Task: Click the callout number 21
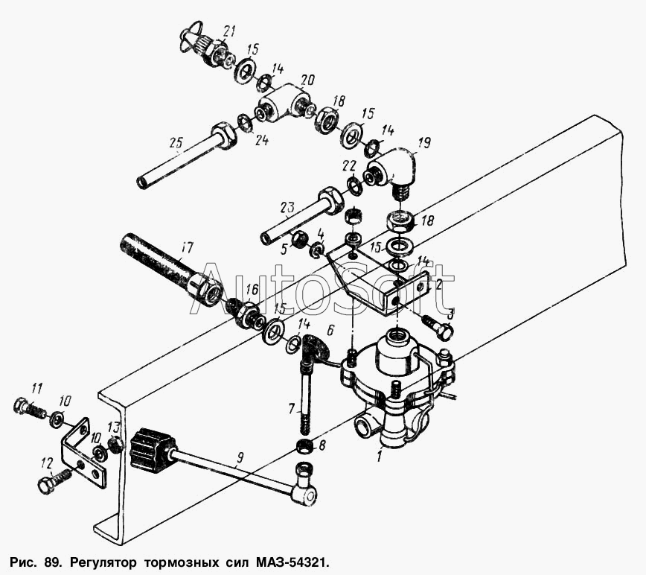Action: pyautogui.click(x=228, y=31)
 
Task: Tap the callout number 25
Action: pyautogui.click(x=176, y=144)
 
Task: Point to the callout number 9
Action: pyautogui.click(x=240, y=457)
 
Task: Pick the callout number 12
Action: pyautogui.click(x=47, y=465)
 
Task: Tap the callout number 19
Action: pyautogui.click(x=424, y=144)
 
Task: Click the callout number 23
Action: pyautogui.click(x=287, y=207)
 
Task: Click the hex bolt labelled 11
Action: pyautogui.click(x=30, y=407)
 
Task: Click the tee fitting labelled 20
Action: pyautogui.click(x=285, y=102)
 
